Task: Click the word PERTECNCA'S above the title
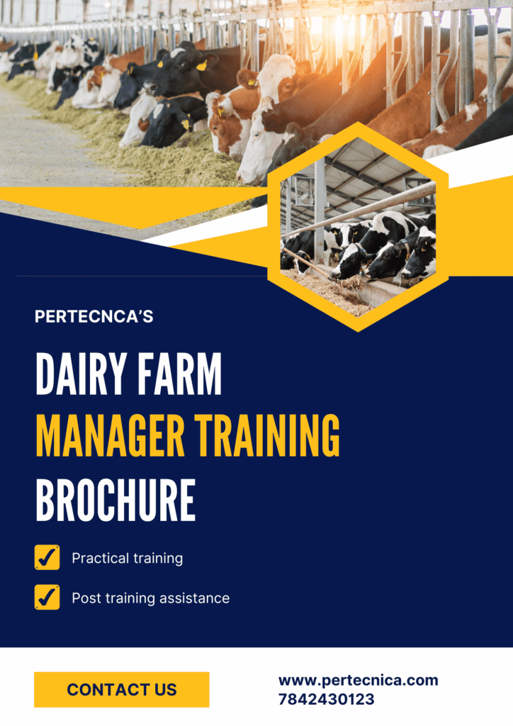[94, 317]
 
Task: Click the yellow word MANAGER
[110, 436]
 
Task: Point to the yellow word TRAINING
[267, 436]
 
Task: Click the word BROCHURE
[115, 501]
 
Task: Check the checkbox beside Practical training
[47, 557]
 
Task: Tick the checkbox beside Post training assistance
[47, 597]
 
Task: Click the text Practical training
[128, 559]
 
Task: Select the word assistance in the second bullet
[194, 598]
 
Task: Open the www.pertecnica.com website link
[358, 681]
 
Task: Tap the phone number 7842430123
[327, 699]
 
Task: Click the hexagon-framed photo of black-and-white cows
[358, 227]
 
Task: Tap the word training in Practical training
[155, 559]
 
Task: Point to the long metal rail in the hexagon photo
[359, 209]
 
